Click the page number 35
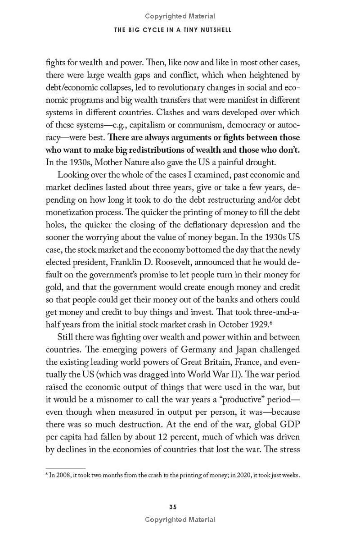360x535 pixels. pyautogui.click(x=173, y=507)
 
